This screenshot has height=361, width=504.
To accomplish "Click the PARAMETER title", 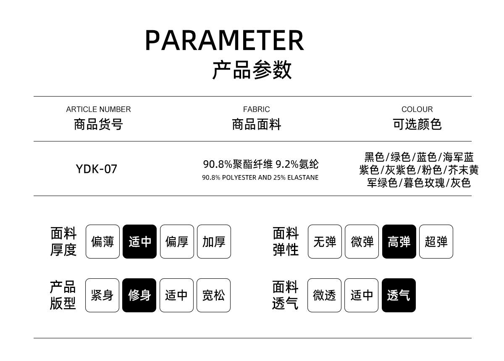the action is (x=224, y=40).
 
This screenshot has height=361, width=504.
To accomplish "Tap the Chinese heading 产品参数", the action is (x=252, y=70).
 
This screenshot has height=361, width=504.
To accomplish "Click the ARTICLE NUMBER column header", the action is (x=98, y=109).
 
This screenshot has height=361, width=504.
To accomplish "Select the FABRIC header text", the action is (x=256, y=109).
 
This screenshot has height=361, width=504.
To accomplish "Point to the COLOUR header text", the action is (x=417, y=109).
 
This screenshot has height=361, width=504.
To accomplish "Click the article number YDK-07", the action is (x=96, y=169).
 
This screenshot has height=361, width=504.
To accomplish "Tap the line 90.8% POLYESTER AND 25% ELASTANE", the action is (x=260, y=178).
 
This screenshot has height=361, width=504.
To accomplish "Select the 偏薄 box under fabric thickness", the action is (x=102, y=241).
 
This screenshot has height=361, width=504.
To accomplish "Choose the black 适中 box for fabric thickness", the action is (x=139, y=241).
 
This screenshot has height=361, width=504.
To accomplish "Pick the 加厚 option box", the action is (x=214, y=241).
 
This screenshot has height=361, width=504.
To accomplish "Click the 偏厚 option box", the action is (x=177, y=241).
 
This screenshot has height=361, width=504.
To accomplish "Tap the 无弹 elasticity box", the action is (x=325, y=241).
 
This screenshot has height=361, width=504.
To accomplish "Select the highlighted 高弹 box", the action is (x=399, y=241).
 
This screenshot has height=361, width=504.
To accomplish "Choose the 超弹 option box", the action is (x=436, y=241).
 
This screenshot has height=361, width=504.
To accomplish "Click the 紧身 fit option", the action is (x=102, y=295).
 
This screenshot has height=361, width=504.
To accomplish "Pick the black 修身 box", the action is (x=139, y=295).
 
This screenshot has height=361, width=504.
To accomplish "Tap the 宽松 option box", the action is (x=213, y=295).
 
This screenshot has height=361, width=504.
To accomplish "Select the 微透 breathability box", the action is (x=324, y=295).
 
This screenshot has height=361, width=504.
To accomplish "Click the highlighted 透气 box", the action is (x=399, y=295).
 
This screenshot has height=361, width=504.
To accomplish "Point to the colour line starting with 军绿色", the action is (x=418, y=183).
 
